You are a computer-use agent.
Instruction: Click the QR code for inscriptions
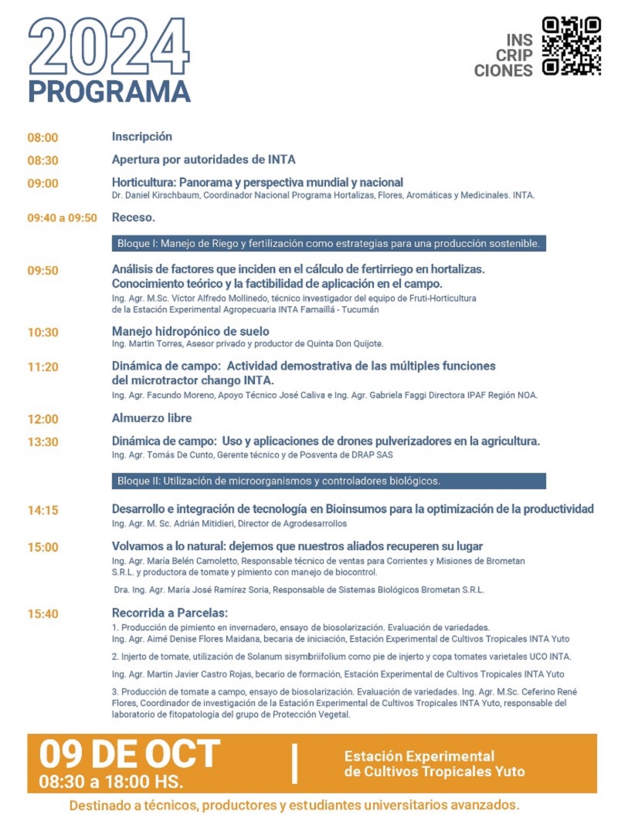(571, 46)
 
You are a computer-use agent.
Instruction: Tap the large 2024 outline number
(109, 46)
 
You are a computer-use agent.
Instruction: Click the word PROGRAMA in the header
(109, 90)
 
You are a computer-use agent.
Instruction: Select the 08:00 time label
(43, 138)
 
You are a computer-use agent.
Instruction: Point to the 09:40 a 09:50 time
(63, 218)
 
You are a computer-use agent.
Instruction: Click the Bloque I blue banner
(328, 244)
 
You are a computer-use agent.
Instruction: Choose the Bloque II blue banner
(328, 481)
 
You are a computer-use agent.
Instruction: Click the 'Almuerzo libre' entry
(152, 418)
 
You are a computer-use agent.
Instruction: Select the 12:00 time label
(43, 420)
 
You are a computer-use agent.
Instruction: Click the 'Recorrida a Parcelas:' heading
(170, 613)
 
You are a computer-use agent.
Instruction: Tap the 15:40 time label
(43, 615)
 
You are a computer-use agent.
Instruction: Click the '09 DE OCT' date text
(130, 753)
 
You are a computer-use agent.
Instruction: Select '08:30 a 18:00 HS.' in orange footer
(111, 781)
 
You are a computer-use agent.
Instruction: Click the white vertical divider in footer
(294, 763)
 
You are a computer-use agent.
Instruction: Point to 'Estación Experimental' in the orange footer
(419, 756)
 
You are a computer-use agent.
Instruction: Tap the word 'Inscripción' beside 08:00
(142, 137)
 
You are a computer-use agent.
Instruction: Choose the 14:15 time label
(43, 511)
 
